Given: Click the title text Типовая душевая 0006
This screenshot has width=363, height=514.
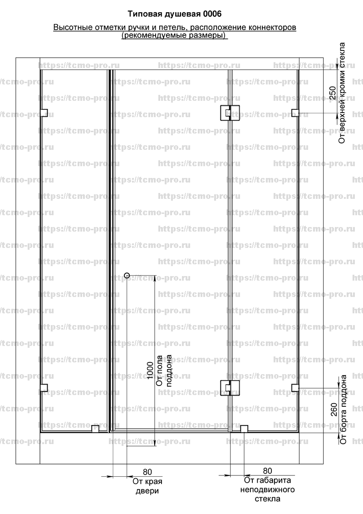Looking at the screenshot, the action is click(174, 14).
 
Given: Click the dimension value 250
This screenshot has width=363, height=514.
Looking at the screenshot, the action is click(333, 93).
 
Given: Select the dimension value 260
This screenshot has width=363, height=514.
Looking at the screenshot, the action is click(334, 410).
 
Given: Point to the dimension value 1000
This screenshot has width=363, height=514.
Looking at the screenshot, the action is click(150, 371).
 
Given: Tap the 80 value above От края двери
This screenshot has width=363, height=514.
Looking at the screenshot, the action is click(147, 472).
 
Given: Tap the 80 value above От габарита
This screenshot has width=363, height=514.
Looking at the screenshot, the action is click(268, 471).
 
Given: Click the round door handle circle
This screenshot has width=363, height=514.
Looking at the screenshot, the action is click(127, 275).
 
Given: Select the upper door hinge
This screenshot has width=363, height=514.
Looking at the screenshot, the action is click(230, 113).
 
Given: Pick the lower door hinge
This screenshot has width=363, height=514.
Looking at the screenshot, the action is click(230, 388).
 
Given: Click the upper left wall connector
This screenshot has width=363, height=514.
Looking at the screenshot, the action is click(44, 113).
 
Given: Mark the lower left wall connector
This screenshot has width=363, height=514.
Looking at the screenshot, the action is click(44, 388).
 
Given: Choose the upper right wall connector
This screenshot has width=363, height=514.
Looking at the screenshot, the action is click(295, 113).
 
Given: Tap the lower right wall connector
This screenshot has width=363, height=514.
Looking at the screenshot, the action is click(295, 388).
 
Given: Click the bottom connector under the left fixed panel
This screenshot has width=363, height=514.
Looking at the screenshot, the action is click(95, 429).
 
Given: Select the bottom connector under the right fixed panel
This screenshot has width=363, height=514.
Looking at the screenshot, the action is click(244, 429).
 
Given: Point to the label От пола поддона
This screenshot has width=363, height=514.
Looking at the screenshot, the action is click(164, 371).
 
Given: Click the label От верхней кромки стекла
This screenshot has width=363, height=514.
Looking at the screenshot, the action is click(342, 93).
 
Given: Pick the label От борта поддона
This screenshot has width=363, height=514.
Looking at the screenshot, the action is click(343, 410).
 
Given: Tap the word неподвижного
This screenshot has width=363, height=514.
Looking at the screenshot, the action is click(267, 490).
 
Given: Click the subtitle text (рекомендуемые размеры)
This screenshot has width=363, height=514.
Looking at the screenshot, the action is click(175, 35).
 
